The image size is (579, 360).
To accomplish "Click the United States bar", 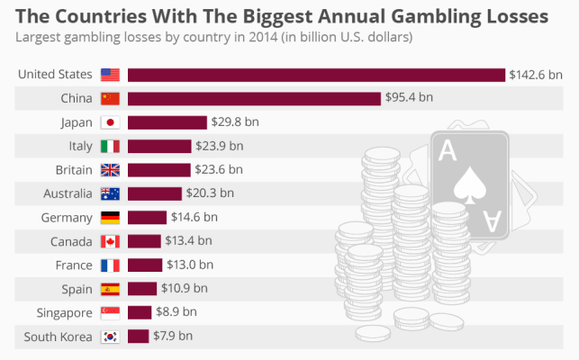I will [x=315, y=75].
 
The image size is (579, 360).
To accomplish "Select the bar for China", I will [x=254, y=98].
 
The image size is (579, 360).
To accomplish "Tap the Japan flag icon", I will [x=110, y=122].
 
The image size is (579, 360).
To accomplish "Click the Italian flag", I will [x=110, y=146].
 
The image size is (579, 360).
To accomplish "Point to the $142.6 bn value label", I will [x=536, y=75].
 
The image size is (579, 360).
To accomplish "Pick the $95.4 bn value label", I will [x=412, y=98].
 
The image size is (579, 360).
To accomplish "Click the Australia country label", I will [x=68, y=193].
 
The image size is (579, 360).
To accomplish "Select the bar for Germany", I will [x=147, y=217].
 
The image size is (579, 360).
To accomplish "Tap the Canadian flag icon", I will [x=110, y=241].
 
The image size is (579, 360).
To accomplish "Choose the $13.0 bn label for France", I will [x=190, y=265].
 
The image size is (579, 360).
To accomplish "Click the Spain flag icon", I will [x=110, y=289].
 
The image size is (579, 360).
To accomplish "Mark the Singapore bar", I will [x=140, y=312].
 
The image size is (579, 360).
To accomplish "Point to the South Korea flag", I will [x=110, y=337].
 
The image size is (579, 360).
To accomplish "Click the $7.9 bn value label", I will [x=173, y=337].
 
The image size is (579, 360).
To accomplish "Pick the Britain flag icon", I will [x=110, y=170].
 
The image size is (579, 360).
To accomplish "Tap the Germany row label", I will [x=67, y=217].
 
